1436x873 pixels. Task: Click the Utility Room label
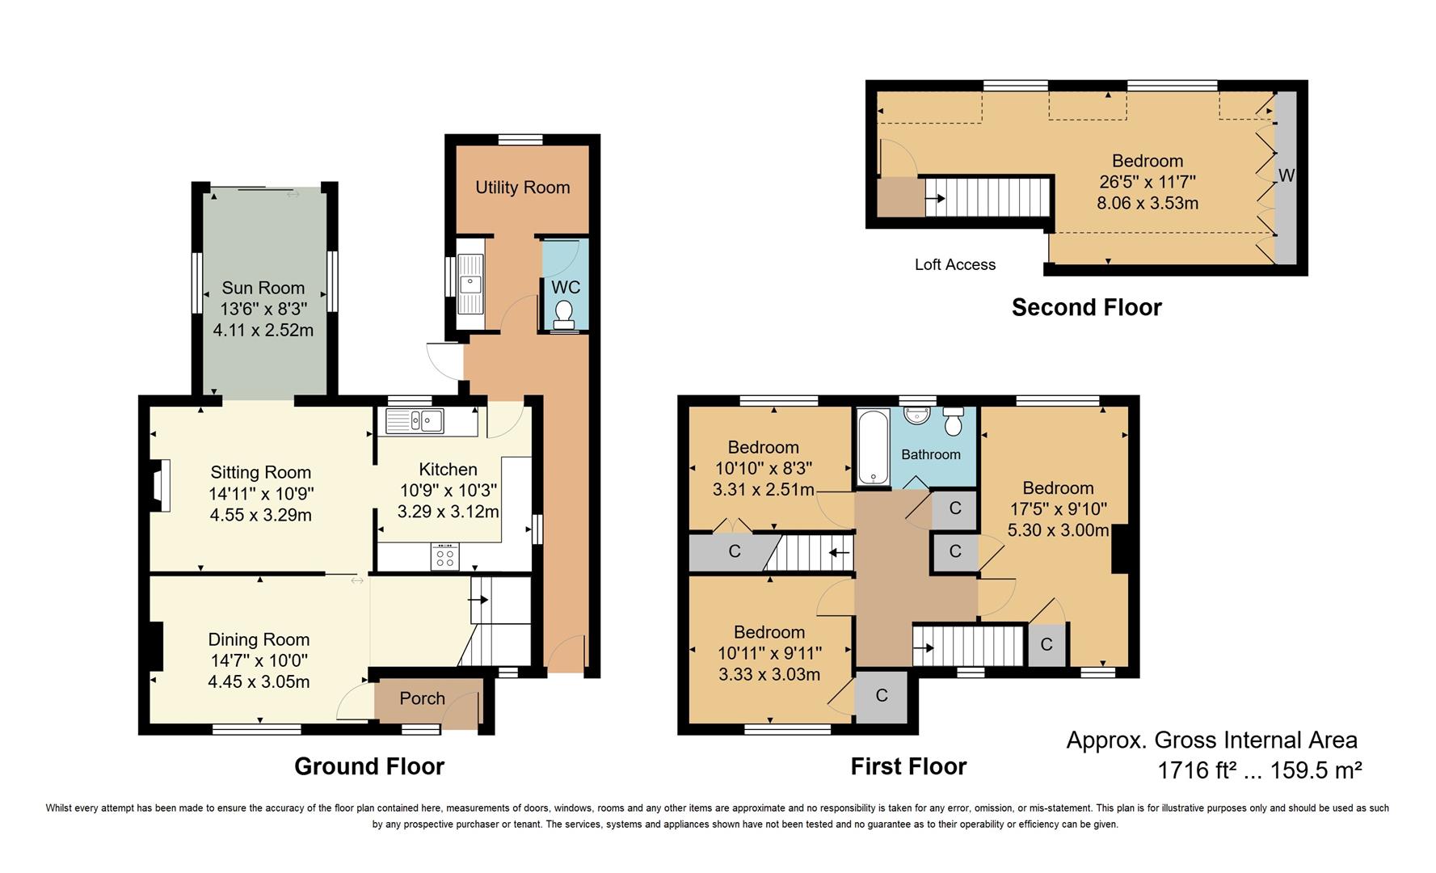pyautogui.click(x=522, y=188)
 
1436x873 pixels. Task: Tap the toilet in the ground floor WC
pyautogui.click(x=565, y=313)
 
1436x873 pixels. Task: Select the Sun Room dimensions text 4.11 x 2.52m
pyautogui.click(x=263, y=330)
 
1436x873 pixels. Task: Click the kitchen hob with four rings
pyautogui.click(x=445, y=556)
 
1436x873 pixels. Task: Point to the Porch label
pyautogui.click(x=422, y=698)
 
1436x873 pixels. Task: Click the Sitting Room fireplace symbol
pyautogui.click(x=160, y=487)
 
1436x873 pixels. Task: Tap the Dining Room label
pyautogui.click(x=259, y=639)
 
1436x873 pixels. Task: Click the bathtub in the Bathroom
pyautogui.click(x=873, y=447)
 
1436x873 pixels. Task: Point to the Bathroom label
pyautogui.click(x=931, y=454)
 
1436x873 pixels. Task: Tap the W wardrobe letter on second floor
pyautogui.click(x=1286, y=175)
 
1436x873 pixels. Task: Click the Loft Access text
pyautogui.click(x=954, y=264)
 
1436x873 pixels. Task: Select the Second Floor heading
pyautogui.click(x=1086, y=307)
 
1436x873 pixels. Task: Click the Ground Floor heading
pyautogui.click(x=368, y=766)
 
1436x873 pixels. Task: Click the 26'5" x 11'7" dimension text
pyautogui.click(x=1147, y=182)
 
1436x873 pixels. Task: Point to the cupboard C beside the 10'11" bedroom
pyautogui.click(x=882, y=695)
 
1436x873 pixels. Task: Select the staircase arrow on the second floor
pyautogui.click(x=935, y=198)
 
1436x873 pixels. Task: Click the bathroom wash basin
pyautogui.click(x=916, y=415)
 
